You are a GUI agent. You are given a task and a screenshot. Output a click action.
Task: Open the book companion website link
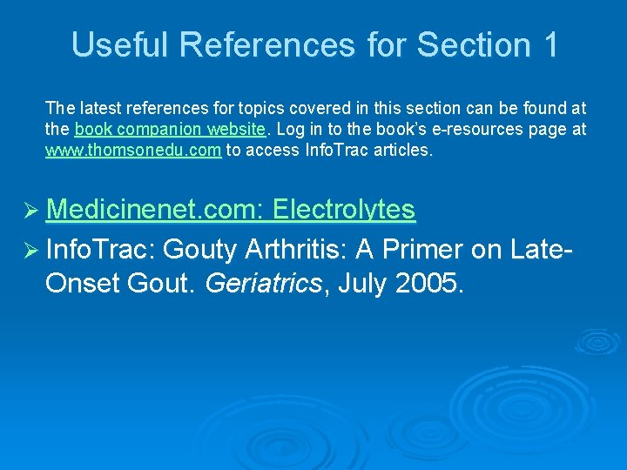[x=170, y=129]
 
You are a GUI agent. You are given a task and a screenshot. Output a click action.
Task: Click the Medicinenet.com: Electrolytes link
[x=231, y=209]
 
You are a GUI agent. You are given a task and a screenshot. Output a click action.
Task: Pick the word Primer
[x=441, y=250]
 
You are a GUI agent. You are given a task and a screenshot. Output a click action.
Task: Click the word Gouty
[x=199, y=250]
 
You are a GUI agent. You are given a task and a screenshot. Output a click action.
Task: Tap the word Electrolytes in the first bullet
[x=344, y=209]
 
